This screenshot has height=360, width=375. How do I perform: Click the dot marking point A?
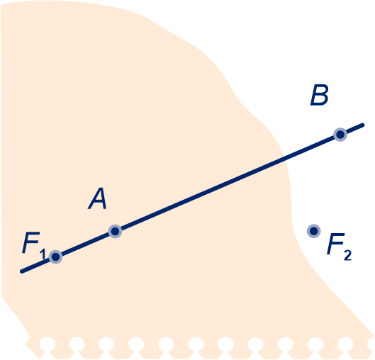click(x=116, y=232)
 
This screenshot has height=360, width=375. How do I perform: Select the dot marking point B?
click(x=340, y=135)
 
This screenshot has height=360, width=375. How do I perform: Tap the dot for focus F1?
click(x=56, y=257)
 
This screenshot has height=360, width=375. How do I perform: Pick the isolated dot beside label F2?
click(x=314, y=231)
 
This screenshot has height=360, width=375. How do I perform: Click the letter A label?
click(x=98, y=198)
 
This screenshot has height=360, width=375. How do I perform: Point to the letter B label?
click(x=320, y=95)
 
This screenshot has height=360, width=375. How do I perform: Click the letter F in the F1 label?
click(x=31, y=242)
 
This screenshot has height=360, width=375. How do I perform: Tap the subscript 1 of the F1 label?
click(x=43, y=254)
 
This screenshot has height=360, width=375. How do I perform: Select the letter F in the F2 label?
click(x=336, y=244)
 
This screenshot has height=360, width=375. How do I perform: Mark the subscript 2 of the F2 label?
click(x=348, y=255)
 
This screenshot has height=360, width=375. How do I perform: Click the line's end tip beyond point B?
click(x=363, y=125)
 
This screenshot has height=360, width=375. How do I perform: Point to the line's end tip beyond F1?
click(x=21, y=272)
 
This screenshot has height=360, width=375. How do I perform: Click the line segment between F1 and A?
click(x=85, y=244)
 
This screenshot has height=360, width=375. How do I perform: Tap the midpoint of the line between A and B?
click(x=228, y=183)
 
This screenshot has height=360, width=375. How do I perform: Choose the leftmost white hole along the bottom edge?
click(x=47, y=344)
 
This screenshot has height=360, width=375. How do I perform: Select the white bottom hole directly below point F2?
click(x=315, y=344)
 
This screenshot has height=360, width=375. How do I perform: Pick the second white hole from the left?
click(x=77, y=344)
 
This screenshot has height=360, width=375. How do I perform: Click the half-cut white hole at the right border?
click(x=371, y=344)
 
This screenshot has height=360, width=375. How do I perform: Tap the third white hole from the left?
click(x=106, y=344)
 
